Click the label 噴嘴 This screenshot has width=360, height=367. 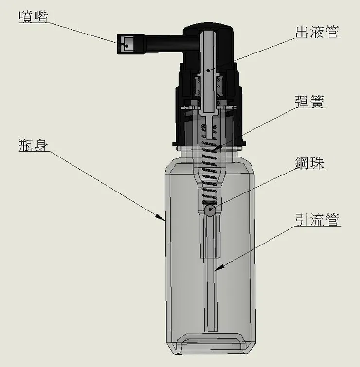pos(34,16)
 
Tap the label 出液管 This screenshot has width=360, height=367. pos(318,33)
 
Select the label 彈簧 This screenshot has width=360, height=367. pos(310,102)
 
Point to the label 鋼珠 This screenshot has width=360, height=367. pos(310,163)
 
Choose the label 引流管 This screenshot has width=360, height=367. pos(317,220)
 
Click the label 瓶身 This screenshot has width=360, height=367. pos(33,145)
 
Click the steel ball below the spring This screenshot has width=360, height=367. pos(210,210)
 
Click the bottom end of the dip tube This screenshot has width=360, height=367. pos(210,330)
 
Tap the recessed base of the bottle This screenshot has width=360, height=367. pos(210,346)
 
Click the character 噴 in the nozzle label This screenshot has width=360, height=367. pos(26,16)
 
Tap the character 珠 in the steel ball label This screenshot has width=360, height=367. pos(318,163)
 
